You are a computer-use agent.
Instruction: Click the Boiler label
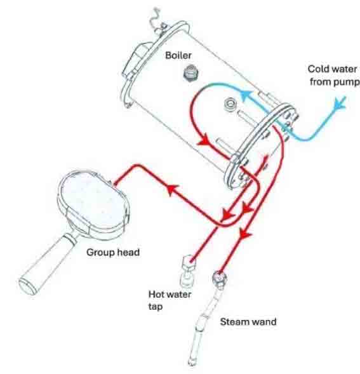pos(178,55)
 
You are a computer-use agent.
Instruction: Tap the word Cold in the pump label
pos(317,69)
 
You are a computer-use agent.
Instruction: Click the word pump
pos(347,82)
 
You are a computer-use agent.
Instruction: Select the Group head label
pos(113,252)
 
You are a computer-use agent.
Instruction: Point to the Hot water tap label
pos(170,300)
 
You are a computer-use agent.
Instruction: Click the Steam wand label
pos(248,321)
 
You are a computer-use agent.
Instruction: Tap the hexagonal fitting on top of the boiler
pos(191,73)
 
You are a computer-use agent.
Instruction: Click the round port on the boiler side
pos(230,104)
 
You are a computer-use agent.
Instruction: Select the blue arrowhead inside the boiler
pos(247,95)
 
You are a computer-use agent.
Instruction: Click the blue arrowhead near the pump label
pos(340,103)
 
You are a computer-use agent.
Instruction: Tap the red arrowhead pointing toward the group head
pos(172,189)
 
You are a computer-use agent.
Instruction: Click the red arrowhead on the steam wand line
pos(244,234)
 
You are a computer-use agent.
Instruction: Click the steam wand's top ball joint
pos(220,278)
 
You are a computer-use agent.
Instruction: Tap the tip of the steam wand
pos(192,363)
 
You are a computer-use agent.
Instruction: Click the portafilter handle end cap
pos(28,286)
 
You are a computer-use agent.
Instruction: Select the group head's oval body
pos(93,201)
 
